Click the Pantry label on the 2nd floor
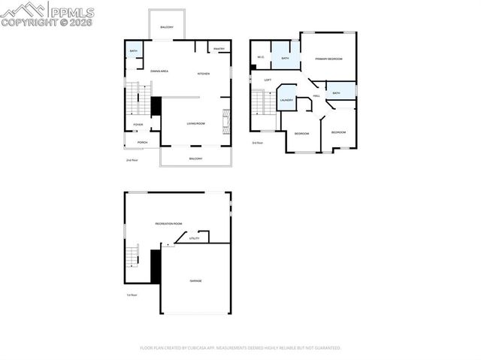(x=219, y=49)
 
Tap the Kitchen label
(x=203, y=74)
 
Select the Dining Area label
(x=159, y=71)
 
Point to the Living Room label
(x=195, y=123)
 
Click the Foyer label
(x=138, y=125)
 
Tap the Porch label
(x=142, y=142)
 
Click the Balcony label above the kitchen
(x=167, y=28)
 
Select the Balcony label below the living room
(x=195, y=159)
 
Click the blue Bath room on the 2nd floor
(x=133, y=51)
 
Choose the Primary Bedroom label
(x=328, y=58)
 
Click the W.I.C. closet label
(x=261, y=57)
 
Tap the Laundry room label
(x=286, y=100)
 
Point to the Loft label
(x=268, y=80)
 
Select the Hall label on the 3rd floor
(x=316, y=95)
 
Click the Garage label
(x=195, y=281)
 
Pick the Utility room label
(x=194, y=238)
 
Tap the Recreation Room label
(x=169, y=224)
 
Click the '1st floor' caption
(x=132, y=295)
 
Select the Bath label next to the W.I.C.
(x=286, y=58)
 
